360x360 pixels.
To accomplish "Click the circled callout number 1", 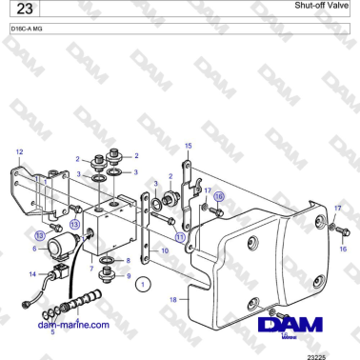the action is pos(142,283).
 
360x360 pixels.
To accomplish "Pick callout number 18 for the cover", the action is pos(172,299).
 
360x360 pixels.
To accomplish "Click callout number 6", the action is pos(35,249).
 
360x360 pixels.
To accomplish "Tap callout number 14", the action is pos(32,274).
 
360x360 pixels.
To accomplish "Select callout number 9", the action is pos(129,275).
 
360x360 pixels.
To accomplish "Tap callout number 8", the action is pos(128,259).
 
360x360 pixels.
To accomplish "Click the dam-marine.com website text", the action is pos(74,323).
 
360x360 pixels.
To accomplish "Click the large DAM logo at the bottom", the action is pos(293,327).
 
